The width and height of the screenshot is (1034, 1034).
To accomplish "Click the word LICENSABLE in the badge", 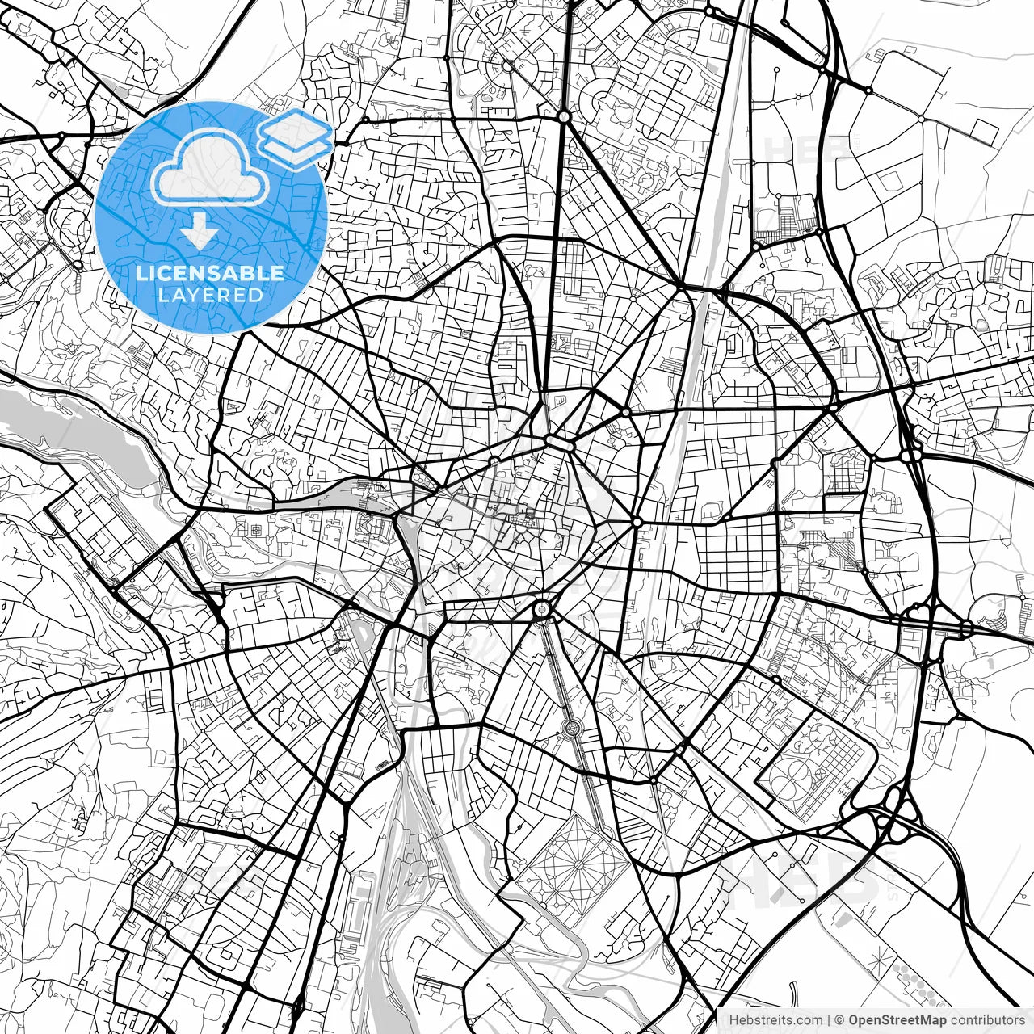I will click(210, 273).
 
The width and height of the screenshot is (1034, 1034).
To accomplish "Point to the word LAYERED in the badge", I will click(210, 295).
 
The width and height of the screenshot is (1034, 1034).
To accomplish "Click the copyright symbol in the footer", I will click(839, 1020).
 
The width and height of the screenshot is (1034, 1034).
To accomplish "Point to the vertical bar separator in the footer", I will click(830, 1020).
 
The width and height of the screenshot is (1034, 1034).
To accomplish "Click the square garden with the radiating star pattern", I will click(579, 864).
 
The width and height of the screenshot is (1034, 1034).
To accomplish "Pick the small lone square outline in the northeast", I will click(983, 128).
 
